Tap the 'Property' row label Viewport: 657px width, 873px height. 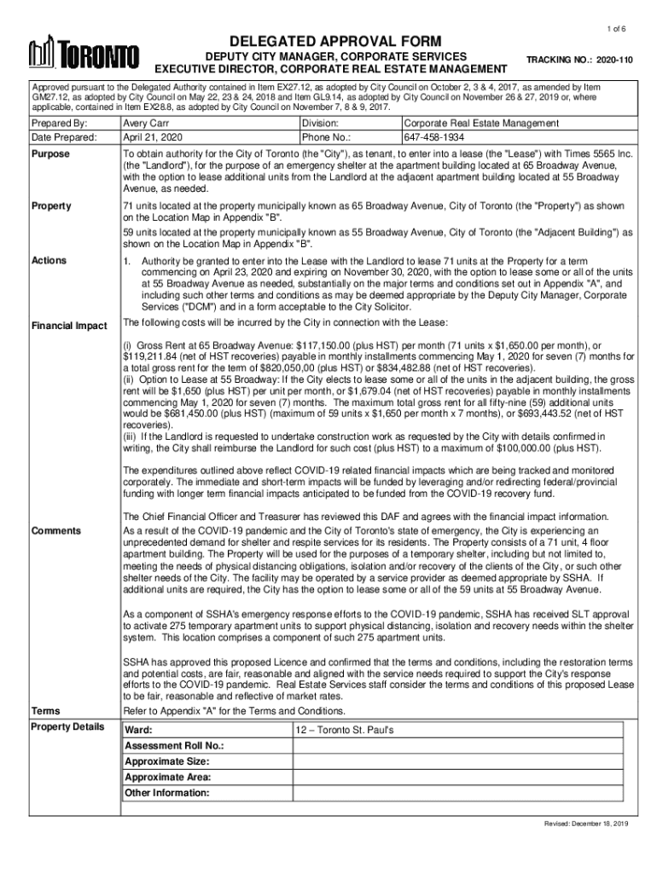[x=50, y=206]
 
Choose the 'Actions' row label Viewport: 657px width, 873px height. [x=49, y=259]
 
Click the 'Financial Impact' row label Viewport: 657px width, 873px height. [x=69, y=326]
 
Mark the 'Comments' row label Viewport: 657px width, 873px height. [x=55, y=531]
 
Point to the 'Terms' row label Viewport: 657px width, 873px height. [x=45, y=710]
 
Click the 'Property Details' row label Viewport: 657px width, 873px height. [x=67, y=726]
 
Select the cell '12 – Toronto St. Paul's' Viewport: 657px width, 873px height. [x=344, y=731]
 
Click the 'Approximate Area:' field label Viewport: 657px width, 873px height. [x=168, y=777]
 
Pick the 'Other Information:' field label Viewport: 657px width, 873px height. [x=166, y=792]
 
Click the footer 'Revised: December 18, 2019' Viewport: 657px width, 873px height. [x=587, y=824]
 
